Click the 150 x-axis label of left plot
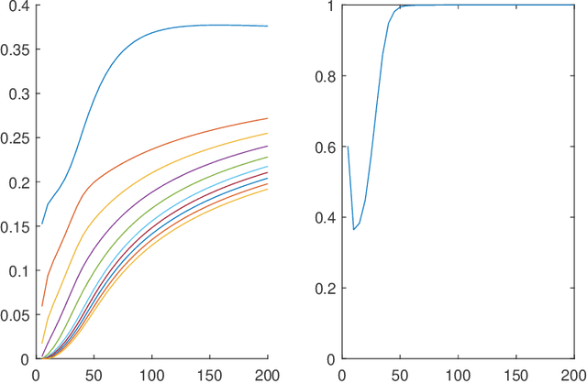pyautogui.click(x=209, y=374)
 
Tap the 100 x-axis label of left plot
pyautogui.click(x=151, y=374)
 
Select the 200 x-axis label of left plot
pyautogui.click(x=266, y=374)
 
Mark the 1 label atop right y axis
pyautogui.click(x=332, y=6)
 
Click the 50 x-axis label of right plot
pyautogui.click(x=400, y=374)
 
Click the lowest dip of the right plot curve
pyautogui.click(x=354, y=229)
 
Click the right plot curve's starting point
pyautogui.click(x=347, y=147)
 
